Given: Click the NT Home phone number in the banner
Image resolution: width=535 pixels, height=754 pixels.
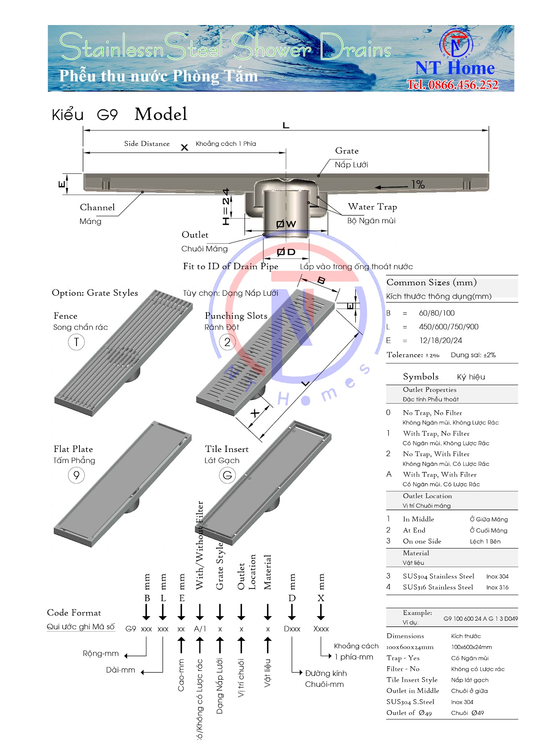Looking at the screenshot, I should coord(453,85).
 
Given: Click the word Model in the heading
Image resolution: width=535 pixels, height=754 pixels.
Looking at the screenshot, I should coord(161,114).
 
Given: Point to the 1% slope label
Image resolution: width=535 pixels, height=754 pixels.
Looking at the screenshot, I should coord(418,184).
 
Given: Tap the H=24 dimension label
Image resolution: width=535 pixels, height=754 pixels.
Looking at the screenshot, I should coord(226,207).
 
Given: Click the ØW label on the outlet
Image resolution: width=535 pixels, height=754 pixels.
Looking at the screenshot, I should coord(286,224).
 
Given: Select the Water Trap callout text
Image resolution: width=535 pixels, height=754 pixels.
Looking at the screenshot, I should coord(372,207).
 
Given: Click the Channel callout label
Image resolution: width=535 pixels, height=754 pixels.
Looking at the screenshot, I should coord(97,208).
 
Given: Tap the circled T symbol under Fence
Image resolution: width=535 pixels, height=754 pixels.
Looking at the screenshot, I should coord(76,342).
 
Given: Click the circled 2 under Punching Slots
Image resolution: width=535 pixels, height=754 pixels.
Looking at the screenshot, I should coord(227,342).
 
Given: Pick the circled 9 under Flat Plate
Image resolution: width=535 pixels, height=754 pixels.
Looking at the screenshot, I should coord(76,475).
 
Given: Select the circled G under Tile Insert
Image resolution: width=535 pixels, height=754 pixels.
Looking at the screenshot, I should coord(227,475).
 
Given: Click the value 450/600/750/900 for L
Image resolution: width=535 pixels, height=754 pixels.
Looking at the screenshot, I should coord(448,327).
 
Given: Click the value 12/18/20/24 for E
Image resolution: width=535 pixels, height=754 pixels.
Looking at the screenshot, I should coord(441,340).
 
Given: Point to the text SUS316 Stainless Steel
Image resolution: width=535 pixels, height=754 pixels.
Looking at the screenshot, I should coord(438,587).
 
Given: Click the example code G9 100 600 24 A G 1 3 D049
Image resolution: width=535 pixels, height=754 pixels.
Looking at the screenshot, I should coord(480,619).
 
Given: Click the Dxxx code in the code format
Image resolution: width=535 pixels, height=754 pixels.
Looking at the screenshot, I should coord(292,629).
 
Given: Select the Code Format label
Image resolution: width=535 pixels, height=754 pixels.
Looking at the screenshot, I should coord(74,613).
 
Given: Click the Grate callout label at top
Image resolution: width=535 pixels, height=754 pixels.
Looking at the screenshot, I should coord(346,151).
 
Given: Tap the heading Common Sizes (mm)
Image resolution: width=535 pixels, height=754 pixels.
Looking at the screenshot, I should coord(431,282).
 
